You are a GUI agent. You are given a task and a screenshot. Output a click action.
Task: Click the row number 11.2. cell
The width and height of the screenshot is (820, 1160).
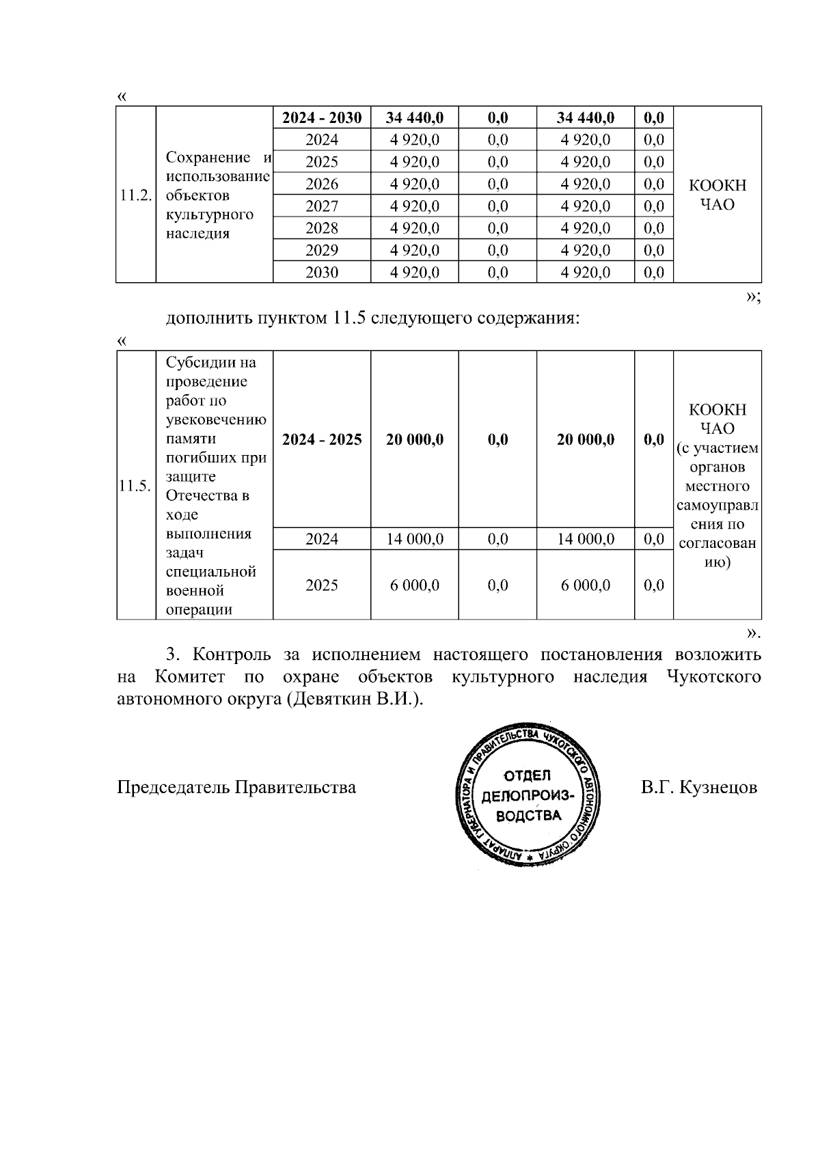pyautogui.click(x=135, y=195)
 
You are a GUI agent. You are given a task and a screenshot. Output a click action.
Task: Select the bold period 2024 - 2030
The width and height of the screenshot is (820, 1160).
pyautogui.click(x=322, y=118)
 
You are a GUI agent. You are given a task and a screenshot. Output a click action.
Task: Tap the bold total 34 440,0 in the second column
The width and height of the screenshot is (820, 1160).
pyautogui.click(x=415, y=118)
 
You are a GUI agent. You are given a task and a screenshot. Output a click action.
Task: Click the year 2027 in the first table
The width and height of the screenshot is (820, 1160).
pyautogui.click(x=322, y=206)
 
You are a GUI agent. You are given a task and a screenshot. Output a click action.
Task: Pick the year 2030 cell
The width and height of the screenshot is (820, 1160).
pyautogui.click(x=322, y=273)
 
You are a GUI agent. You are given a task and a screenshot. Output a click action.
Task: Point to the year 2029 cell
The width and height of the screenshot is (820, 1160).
pyautogui.click(x=322, y=250)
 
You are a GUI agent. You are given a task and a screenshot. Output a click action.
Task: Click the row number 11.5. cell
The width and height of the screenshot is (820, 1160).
pyautogui.click(x=135, y=486)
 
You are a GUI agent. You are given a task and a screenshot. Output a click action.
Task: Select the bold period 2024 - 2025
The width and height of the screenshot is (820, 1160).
pyautogui.click(x=322, y=439)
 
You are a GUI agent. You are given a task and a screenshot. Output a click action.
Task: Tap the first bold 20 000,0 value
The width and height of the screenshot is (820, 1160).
pyautogui.click(x=415, y=439)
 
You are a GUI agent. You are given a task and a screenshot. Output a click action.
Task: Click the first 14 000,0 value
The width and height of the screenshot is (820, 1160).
pyautogui.click(x=415, y=539)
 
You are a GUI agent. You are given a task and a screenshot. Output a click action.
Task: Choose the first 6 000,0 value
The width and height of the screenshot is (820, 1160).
pyautogui.click(x=415, y=585)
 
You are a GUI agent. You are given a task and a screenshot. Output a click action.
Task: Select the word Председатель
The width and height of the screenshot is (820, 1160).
pyautogui.click(x=174, y=788)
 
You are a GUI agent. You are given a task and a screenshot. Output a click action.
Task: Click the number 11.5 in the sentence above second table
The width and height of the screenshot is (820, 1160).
pyautogui.click(x=349, y=318)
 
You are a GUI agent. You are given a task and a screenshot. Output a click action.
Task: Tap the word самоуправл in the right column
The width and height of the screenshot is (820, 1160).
pyautogui.click(x=717, y=506)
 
